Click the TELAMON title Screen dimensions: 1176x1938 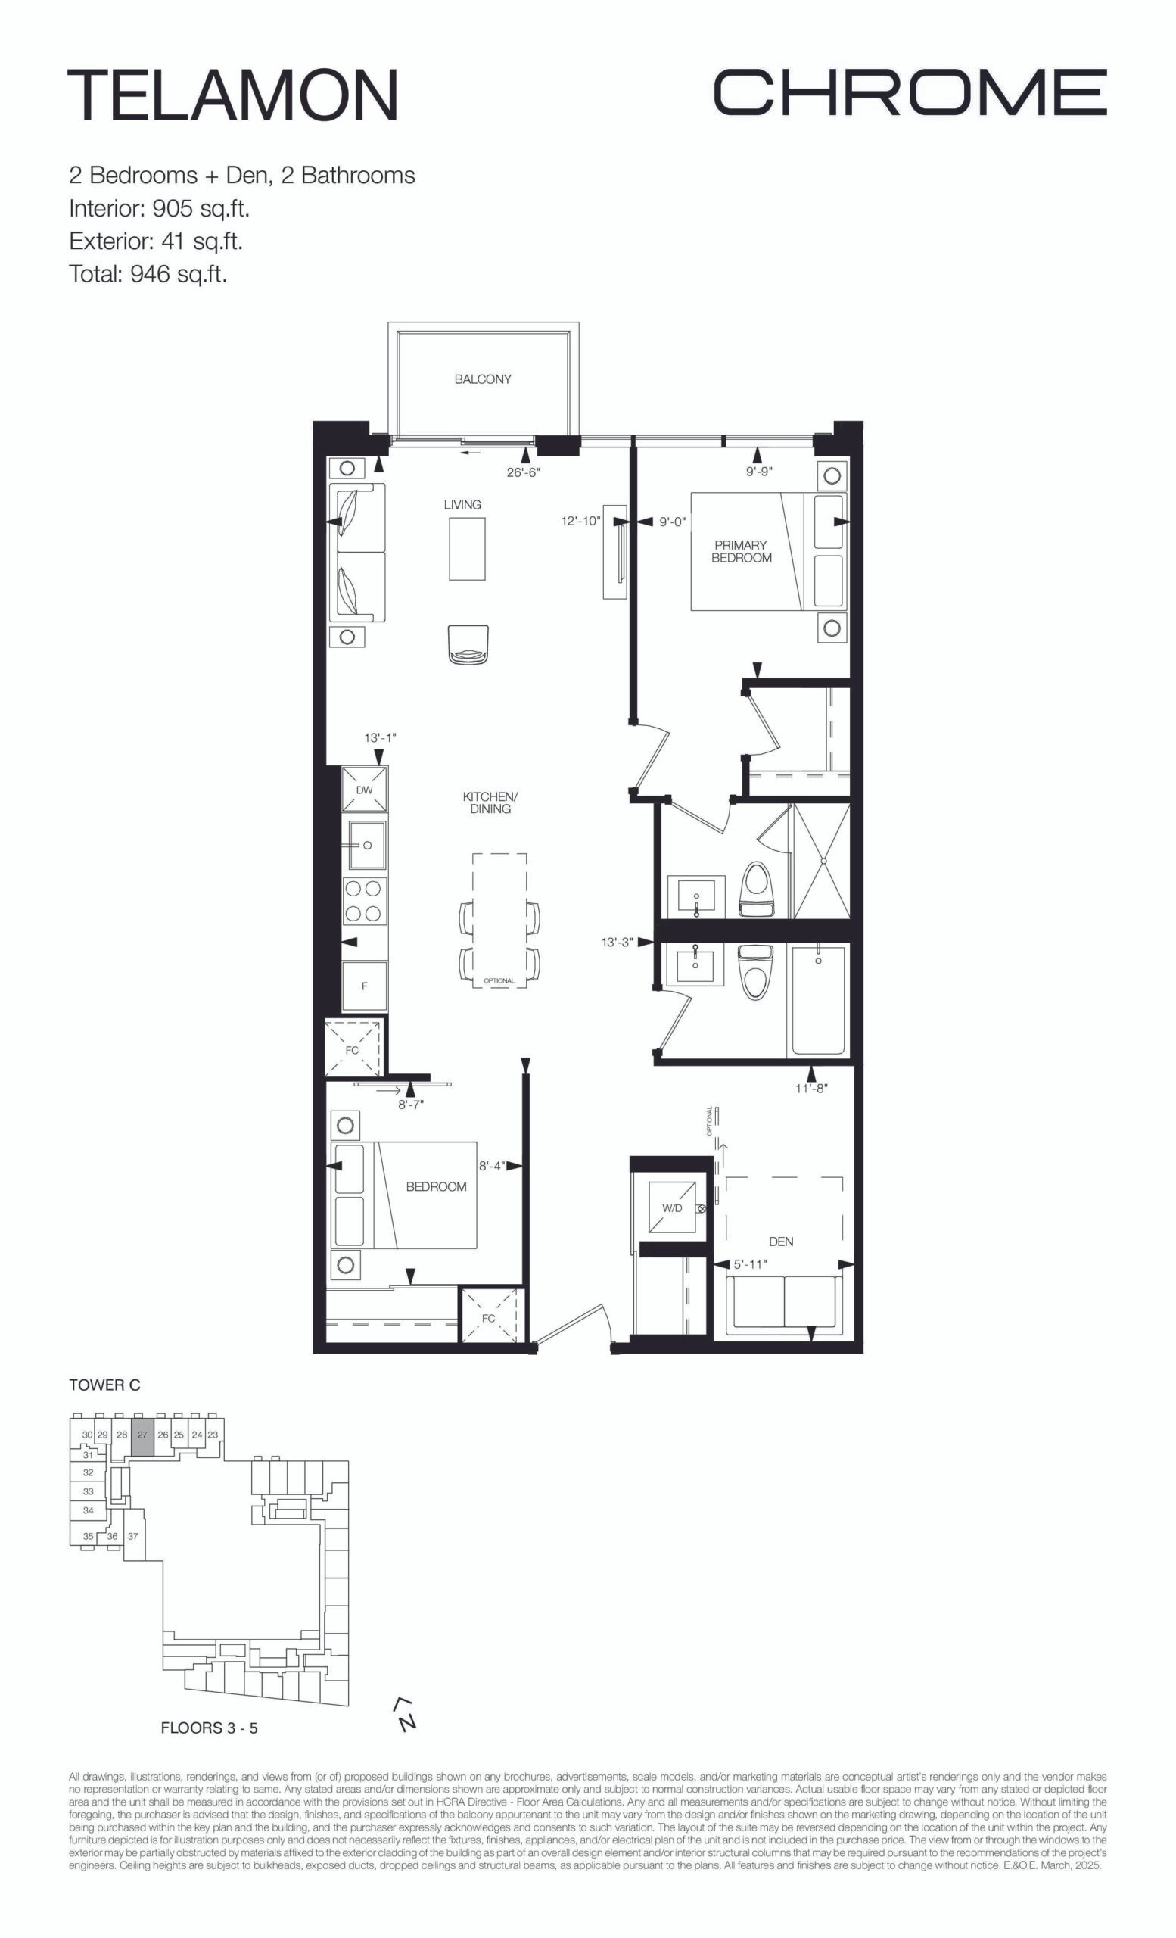(x=232, y=95)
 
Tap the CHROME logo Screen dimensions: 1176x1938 (x=910, y=92)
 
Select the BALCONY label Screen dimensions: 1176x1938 (x=483, y=379)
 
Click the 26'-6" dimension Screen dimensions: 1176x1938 (x=524, y=472)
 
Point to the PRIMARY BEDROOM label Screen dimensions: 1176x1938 (x=742, y=551)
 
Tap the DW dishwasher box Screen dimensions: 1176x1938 (x=365, y=790)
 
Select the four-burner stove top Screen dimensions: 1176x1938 (x=365, y=902)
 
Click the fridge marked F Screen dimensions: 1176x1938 (x=365, y=986)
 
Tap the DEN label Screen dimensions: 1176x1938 (x=780, y=1241)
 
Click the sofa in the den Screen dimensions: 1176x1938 (x=782, y=1306)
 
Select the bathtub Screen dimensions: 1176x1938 (x=818, y=1000)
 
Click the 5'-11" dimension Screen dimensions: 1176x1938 (x=750, y=1264)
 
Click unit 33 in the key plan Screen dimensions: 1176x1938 (x=88, y=1491)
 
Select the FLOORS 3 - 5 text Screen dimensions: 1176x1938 (x=209, y=1728)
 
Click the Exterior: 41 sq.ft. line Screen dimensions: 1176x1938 (x=156, y=241)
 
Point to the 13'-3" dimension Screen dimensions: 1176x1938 (x=617, y=943)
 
